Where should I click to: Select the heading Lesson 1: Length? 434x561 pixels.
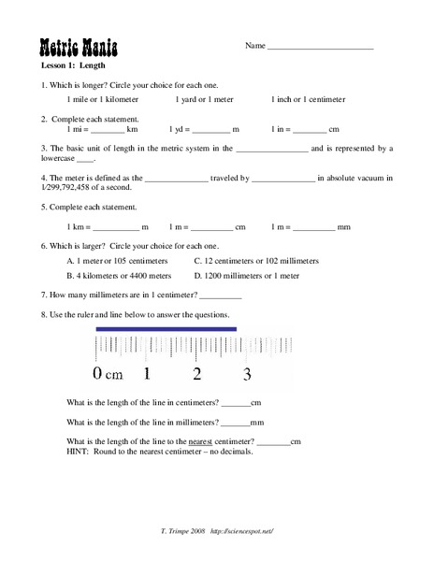[x=74, y=67]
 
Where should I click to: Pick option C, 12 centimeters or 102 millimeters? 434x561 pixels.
[x=256, y=261]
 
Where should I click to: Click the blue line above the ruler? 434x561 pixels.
[x=167, y=328]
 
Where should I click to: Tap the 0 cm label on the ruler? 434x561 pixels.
[x=108, y=376]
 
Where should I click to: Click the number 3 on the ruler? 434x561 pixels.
[x=247, y=376]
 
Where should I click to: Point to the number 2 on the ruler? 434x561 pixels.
[x=196, y=376]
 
